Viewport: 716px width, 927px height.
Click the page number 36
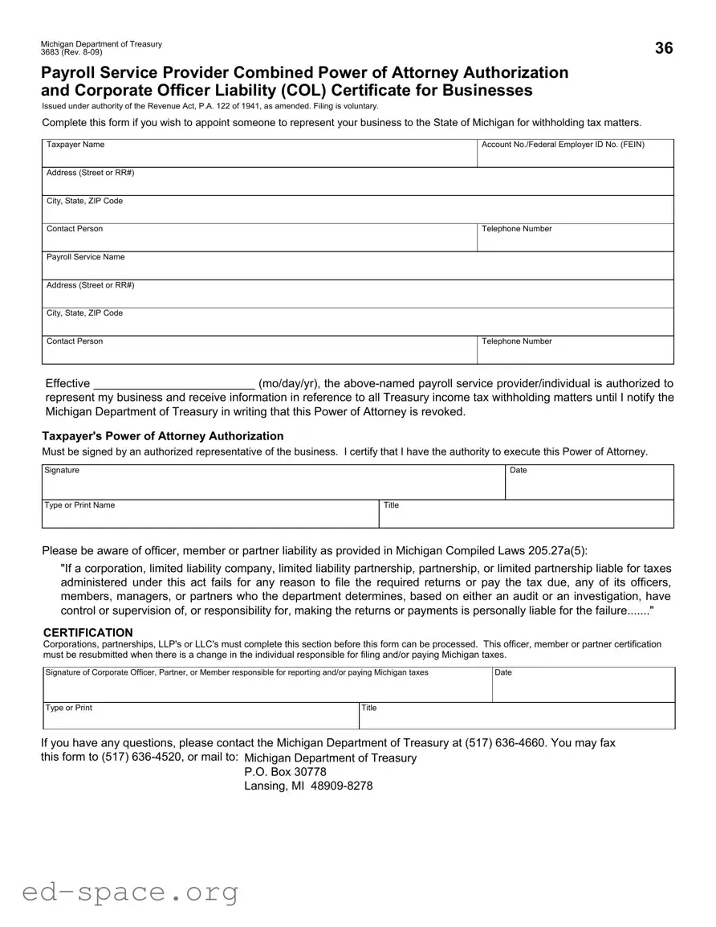point(664,48)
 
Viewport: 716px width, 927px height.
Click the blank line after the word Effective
point(174,384)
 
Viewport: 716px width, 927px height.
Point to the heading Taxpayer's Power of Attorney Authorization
point(163,436)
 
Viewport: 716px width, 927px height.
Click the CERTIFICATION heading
point(87,633)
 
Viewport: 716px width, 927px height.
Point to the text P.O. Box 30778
point(285,772)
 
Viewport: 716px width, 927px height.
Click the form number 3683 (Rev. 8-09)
point(72,52)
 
